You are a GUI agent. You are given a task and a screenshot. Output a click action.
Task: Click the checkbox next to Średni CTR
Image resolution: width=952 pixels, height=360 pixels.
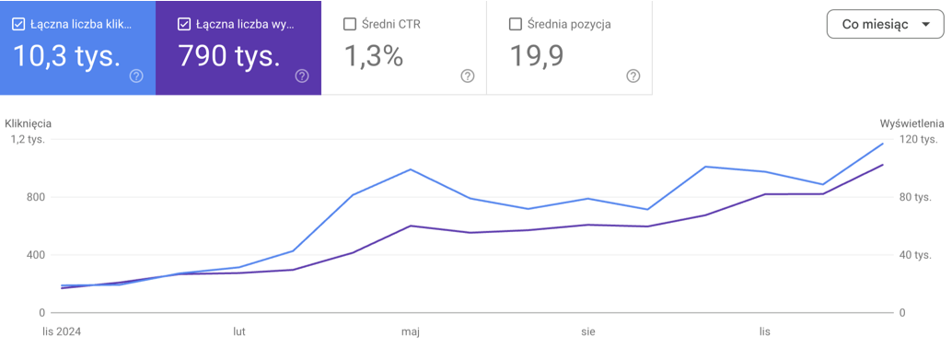(350, 24)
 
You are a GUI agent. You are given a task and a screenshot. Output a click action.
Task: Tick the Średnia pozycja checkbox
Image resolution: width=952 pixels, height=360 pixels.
(515, 24)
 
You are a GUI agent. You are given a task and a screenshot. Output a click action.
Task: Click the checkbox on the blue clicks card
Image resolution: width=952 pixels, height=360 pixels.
(18, 24)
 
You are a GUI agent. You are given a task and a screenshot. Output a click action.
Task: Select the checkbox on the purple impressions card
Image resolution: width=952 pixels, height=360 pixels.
(184, 24)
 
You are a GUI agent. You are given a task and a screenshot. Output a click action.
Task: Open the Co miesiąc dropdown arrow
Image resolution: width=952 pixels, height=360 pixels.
(925, 24)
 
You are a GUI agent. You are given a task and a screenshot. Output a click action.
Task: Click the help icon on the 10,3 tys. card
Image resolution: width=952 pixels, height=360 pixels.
(136, 75)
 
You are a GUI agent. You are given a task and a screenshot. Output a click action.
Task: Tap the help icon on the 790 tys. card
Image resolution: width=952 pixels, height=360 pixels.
(302, 75)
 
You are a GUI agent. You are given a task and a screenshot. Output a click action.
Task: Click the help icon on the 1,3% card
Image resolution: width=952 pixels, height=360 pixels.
(468, 75)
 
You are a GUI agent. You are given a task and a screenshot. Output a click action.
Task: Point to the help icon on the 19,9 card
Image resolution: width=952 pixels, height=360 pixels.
(633, 75)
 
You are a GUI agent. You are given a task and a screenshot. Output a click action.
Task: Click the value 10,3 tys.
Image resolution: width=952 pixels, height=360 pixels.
(67, 55)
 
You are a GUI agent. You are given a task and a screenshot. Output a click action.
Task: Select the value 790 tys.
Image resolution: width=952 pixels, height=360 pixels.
(229, 55)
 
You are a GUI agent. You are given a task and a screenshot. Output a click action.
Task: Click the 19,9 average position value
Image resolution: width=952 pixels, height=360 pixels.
(536, 55)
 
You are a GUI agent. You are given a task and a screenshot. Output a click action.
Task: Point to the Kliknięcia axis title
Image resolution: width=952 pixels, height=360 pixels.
(28, 123)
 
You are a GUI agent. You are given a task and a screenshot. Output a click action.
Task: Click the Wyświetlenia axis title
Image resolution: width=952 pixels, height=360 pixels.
(911, 123)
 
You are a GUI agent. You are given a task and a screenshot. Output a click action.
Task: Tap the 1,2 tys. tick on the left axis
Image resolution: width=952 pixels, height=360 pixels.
(28, 140)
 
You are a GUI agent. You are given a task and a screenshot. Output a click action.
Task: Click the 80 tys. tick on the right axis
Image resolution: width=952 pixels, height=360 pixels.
(915, 197)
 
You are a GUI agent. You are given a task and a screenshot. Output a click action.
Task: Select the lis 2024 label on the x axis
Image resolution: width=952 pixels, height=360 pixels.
(62, 331)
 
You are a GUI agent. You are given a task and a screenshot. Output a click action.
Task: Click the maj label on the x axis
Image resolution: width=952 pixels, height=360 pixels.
(411, 331)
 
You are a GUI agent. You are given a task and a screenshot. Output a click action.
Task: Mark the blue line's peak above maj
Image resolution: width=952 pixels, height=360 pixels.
(411, 169)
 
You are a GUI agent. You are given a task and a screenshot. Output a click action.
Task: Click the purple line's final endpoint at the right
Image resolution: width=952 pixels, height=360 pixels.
(882, 165)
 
